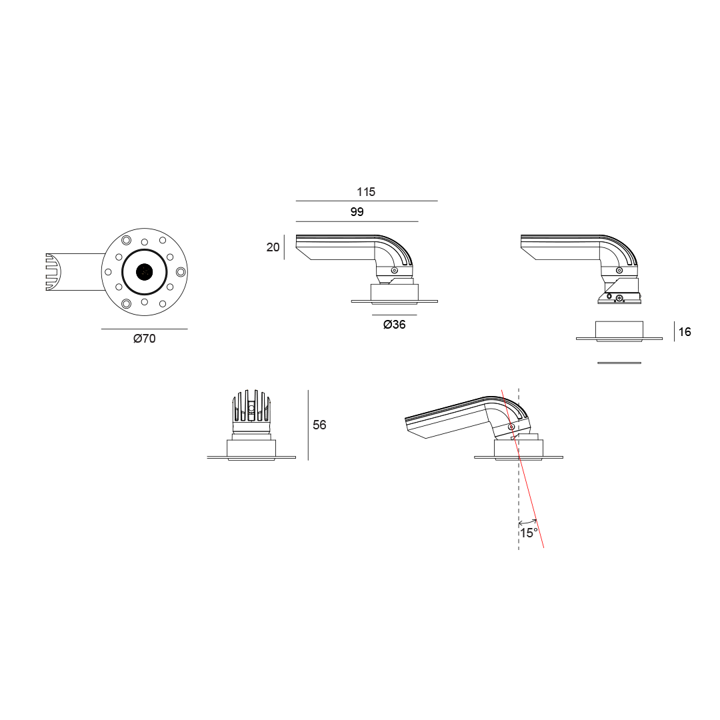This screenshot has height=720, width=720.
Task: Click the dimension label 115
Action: point(366,192)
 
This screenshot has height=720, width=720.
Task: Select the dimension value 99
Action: point(357,212)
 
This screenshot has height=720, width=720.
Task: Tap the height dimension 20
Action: point(273,247)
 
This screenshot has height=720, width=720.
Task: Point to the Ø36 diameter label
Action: point(395,325)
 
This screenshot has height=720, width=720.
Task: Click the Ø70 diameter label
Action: point(145,339)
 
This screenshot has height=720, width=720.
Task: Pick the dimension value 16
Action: point(685,331)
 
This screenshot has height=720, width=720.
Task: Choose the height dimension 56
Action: point(319,425)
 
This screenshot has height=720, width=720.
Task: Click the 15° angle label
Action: point(529,533)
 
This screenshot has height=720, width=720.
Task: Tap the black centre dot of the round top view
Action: point(145,272)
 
